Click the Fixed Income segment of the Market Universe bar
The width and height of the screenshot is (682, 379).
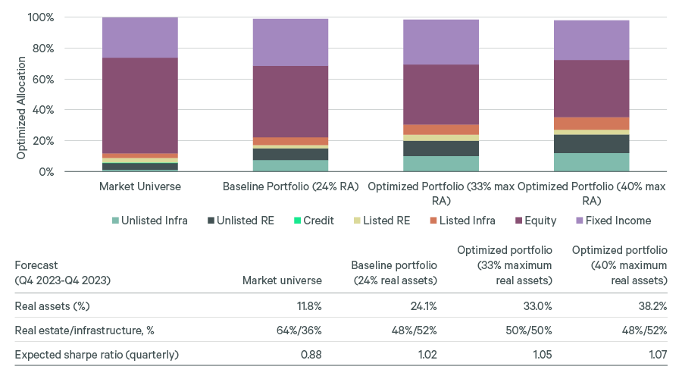140,37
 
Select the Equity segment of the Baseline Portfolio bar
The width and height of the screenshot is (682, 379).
290,102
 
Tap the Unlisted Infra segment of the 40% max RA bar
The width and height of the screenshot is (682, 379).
591,162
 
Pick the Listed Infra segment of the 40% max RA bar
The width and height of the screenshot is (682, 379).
591,124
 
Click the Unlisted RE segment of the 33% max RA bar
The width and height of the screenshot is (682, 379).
440,149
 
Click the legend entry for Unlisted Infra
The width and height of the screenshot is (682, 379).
155,221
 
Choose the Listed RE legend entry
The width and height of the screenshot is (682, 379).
390,221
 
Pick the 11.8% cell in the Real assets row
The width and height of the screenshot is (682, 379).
306,306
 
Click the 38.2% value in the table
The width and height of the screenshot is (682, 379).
651,306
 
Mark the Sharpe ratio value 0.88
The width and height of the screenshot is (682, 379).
311,355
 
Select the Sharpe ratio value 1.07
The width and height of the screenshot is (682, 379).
655,355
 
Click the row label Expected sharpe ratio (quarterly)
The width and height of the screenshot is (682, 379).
96,355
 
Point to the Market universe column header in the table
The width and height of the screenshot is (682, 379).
282,280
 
